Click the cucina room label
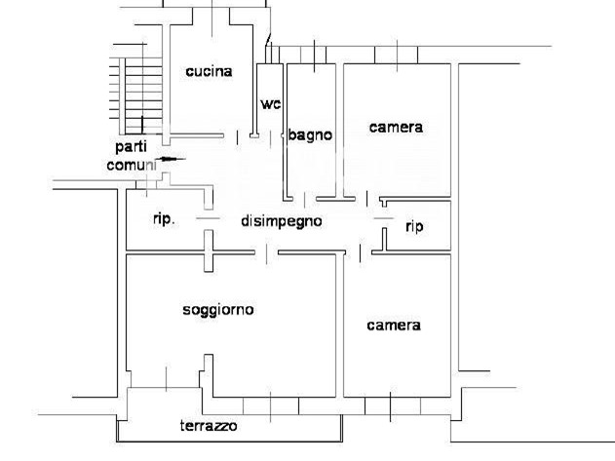209,71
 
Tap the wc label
271,104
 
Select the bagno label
310,134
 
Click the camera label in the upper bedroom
396,127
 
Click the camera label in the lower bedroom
394,325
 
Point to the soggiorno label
218,310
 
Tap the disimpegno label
282,221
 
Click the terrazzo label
209,425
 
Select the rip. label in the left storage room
164,219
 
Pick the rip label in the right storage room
414,226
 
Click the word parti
131,147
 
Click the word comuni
132,165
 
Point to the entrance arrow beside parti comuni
170,159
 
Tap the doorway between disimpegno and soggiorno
267,253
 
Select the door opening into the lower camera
360,253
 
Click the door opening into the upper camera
367,199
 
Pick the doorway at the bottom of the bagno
305,199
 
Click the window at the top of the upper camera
397,55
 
